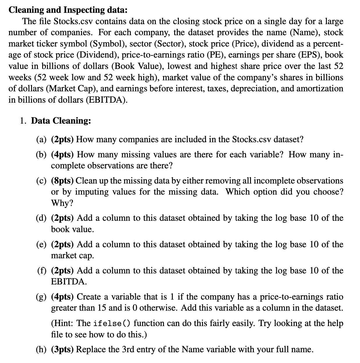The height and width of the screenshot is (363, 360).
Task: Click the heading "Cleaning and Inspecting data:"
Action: pos(68,10)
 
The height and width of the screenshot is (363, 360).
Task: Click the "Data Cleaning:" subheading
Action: pos(61,121)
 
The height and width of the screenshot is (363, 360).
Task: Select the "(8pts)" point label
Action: pos(63,181)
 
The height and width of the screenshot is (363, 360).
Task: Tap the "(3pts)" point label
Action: pos(63,349)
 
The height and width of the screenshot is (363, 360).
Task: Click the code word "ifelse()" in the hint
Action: pos(112,323)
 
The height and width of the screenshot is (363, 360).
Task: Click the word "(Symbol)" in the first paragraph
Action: pos(107,44)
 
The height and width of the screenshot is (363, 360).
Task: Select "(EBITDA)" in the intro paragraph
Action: pos(106,100)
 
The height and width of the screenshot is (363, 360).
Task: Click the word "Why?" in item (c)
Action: pos(62,203)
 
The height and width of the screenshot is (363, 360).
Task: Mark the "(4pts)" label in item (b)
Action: pos(63,154)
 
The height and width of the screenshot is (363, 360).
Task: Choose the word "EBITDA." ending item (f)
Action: pos(69,282)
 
